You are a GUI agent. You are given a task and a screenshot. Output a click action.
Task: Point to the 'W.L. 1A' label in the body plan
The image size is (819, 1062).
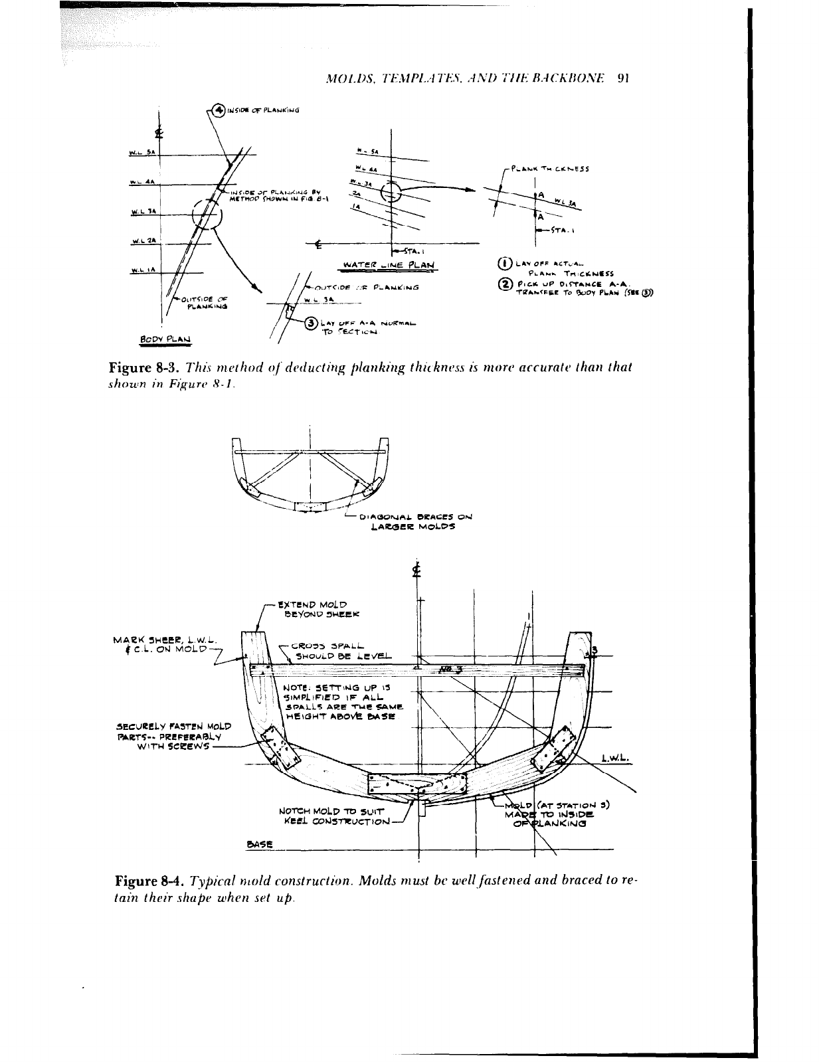[142, 270]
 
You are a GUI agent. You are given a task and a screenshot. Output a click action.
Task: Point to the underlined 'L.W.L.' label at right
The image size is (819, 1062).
[615, 757]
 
